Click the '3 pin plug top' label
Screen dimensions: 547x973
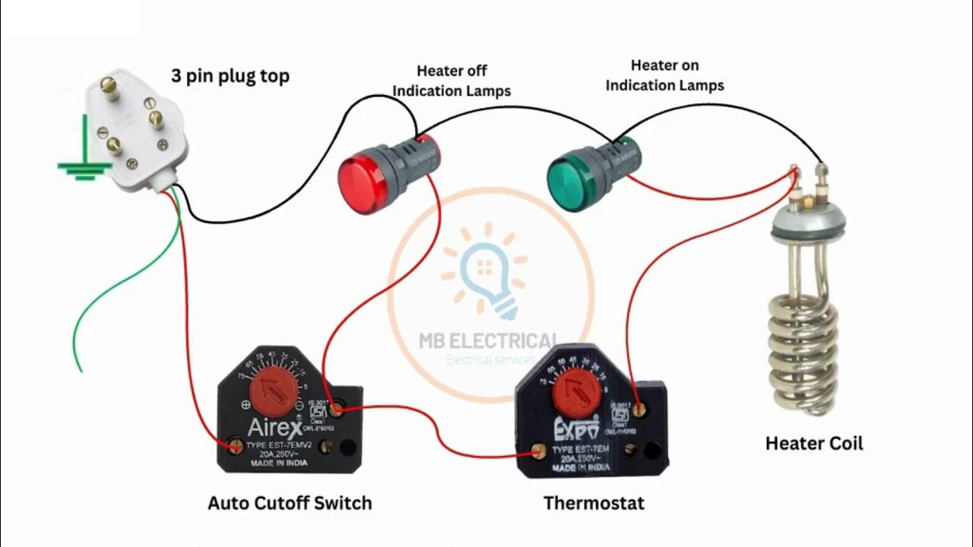point(230,77)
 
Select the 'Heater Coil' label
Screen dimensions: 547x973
point(814,443)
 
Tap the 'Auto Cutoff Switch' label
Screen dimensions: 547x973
point(290,503)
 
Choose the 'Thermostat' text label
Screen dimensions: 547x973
point(594,503)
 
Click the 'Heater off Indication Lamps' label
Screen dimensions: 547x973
point(452,81)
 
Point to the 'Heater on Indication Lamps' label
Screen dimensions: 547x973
point(664,75)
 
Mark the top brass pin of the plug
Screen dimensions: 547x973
point(111,88)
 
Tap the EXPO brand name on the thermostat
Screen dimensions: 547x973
point(575,425)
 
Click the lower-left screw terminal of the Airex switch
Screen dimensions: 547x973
point(236,444)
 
